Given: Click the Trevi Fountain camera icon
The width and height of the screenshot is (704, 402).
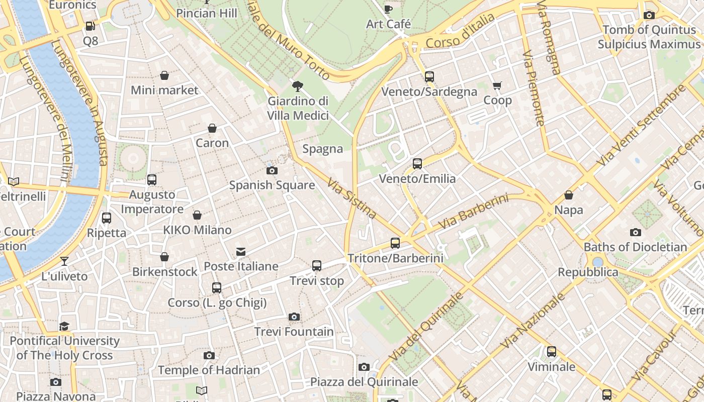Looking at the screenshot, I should [294, 317].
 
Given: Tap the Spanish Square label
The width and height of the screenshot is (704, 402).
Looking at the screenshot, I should [272, 185].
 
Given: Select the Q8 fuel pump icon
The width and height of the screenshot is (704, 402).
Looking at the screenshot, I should [91, 26].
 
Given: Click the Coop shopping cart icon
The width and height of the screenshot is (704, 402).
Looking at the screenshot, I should [497, 85].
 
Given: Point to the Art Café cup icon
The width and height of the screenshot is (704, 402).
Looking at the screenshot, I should [388, 9].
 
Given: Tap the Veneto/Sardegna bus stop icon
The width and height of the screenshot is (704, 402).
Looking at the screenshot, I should [429, 77].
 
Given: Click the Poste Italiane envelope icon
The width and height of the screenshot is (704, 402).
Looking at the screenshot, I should [241, 251].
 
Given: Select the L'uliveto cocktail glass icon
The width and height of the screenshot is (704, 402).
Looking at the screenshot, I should [64, 261].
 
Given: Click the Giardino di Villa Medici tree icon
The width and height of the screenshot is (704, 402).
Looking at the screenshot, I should [298, 86].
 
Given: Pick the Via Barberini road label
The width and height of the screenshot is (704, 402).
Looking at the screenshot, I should [473, 212].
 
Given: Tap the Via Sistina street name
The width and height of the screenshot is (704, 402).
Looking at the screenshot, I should [351, 199].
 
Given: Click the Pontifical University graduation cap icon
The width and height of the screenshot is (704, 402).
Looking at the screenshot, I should [64, 326].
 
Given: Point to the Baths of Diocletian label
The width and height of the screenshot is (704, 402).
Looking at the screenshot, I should [635, 247].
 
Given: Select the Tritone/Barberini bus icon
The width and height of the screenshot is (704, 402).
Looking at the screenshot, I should [395, 243].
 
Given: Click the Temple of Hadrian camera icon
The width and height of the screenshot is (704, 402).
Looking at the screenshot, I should [209, 355].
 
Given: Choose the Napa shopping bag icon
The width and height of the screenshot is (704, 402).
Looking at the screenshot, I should [569, 195].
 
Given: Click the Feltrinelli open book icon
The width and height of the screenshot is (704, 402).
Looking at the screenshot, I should [14, 181].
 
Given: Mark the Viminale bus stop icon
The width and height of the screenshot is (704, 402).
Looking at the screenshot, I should [552, 352].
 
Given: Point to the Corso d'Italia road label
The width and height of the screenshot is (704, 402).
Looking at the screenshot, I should [460, 31].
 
